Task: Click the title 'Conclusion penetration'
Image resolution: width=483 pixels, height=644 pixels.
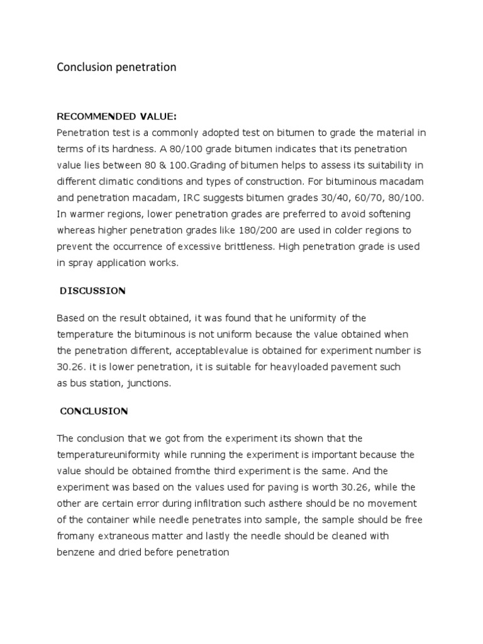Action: click(116, 67)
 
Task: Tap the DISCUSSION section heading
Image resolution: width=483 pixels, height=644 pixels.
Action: click(93, 291)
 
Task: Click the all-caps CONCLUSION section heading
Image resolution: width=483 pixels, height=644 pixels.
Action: click(94, 411)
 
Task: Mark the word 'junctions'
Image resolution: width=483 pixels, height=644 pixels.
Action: click(147, 383)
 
